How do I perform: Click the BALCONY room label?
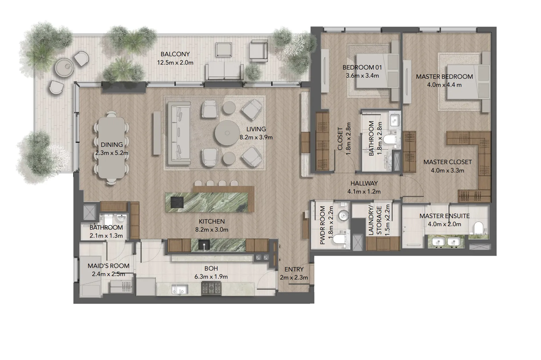tap(175, 54)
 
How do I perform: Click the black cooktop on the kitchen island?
tap(177, 202)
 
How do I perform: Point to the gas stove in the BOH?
tap(211, 288)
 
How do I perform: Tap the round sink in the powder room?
tap(343, 214)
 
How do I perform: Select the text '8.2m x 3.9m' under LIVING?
tap(256, 138)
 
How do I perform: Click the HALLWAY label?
tap(364, 183)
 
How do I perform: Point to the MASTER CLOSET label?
tap(447, 162)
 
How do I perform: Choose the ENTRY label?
tap(294, 269)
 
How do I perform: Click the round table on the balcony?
tap(65, 68)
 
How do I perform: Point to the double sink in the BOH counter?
tap(180, 289)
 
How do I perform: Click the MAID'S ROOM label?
tap(108, 266)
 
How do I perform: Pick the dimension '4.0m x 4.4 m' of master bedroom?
tap(444, 85)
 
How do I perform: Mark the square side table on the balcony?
tap(224, 50)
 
